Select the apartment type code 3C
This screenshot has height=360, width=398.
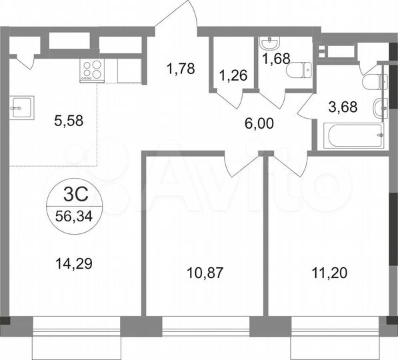(74, 195)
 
